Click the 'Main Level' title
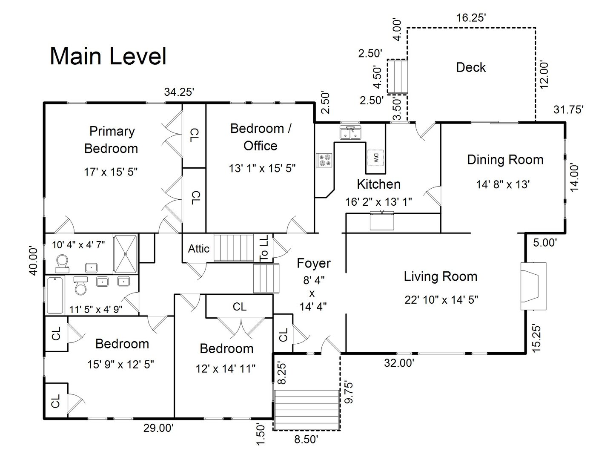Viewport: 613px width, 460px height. click(x=108, y=56)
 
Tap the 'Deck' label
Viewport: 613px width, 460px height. click(x=470, y=67)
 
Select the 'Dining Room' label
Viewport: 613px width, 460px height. click(x=505, y=160)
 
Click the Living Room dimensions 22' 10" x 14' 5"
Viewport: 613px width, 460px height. click(x=441, y=300)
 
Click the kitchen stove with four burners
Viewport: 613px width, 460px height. click(x=324, y=161)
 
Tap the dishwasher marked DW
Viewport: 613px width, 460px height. click(x=376, y=158)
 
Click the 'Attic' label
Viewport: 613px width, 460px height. click(x=198, y=249)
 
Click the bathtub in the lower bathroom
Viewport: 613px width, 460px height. click(x=54, y=295)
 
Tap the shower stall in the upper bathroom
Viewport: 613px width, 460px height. click(x=125, y=253)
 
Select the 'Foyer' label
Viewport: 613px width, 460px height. click(x=313, y=263)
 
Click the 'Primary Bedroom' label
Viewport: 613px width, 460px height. click(x=111, y=140)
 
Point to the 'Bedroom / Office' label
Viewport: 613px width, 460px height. click(x=261, y=137)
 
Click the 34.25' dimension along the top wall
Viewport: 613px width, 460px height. click(x=179, y=92)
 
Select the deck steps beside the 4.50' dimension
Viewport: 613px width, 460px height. click(x=398, y=76)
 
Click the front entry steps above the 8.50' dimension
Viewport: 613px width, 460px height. click(x=306, y=409)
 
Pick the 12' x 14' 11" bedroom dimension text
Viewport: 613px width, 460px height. click(x=226, y=368)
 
